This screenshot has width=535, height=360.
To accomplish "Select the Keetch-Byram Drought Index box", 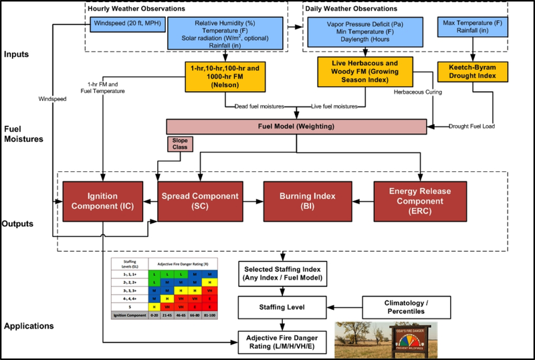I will tap(471, 72).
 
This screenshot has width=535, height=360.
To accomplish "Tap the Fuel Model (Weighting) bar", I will tap(296, 126).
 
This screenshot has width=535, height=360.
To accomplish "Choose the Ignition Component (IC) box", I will tap(102, 201).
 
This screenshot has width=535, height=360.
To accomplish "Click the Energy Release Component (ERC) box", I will tap(419, 201).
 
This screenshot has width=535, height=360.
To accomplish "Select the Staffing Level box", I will tap(280, 307).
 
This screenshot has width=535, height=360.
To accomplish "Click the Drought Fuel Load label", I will tap(471, 126).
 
